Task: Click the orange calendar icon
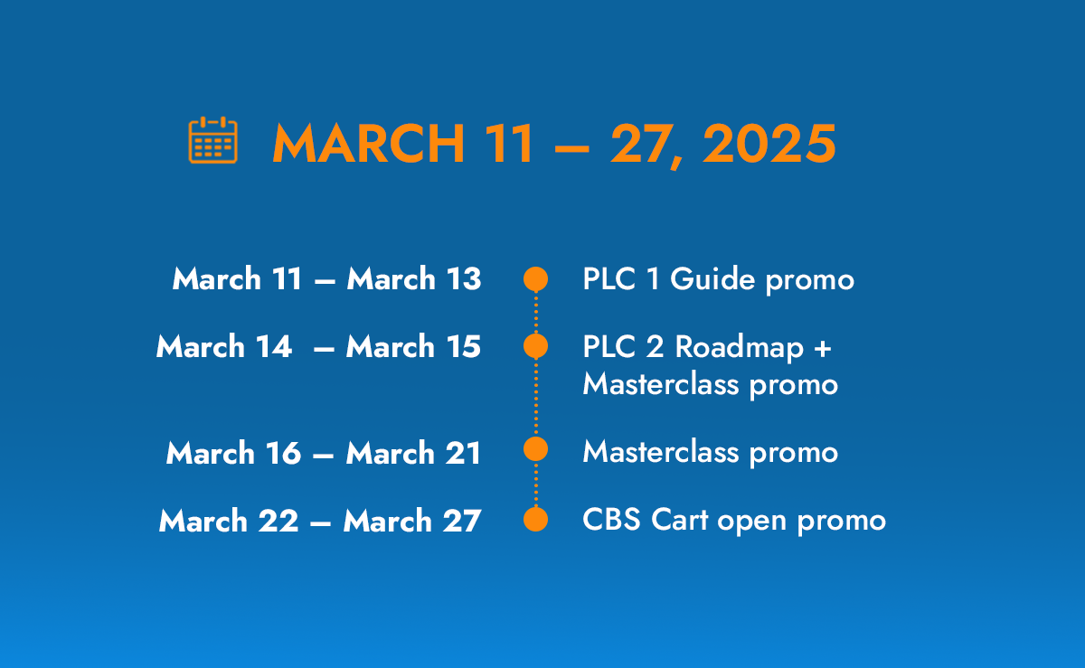[212, 140]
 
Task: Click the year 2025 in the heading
[769, 144]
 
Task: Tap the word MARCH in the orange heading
[369, 144]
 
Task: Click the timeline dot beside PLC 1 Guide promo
[535, 279]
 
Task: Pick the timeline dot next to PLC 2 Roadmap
[535, 346]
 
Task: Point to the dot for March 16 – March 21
[535, 448]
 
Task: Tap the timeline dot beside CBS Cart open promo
[535, 519]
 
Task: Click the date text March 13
[414, 278]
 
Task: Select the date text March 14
[224, 346]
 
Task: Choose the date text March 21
[413, 453]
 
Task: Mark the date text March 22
[229, 521]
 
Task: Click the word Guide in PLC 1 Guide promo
[712, 279]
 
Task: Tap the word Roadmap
[740, 347]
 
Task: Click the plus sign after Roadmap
[823, 348]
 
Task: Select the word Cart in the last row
[680, 520]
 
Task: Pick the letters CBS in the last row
[612, 520]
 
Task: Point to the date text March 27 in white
[412, 521]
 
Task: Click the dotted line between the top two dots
[535, 313]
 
